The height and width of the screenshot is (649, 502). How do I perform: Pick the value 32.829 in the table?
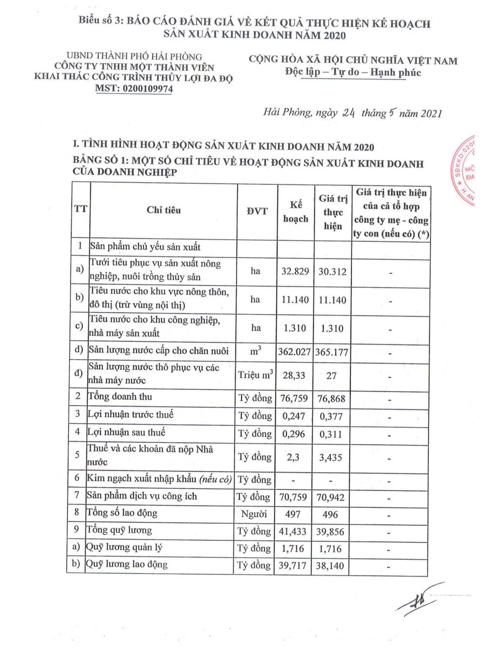(x=296, y=271)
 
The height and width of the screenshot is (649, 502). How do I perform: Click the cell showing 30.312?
(x=333, y=271)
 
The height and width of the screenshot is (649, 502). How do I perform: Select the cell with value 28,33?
(x=296, y=375)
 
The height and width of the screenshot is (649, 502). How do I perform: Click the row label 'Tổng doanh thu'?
(x=120, y=397)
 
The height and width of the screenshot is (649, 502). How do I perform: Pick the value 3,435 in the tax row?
(x=333, y=458)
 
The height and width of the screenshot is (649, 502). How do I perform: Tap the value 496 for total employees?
(x=333, y=514)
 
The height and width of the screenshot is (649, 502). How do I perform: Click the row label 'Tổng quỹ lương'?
(x=120, y=530)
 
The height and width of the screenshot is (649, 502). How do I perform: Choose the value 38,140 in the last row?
(x=333, y=566)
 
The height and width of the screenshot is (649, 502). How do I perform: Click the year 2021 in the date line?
(x=429, y=114)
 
